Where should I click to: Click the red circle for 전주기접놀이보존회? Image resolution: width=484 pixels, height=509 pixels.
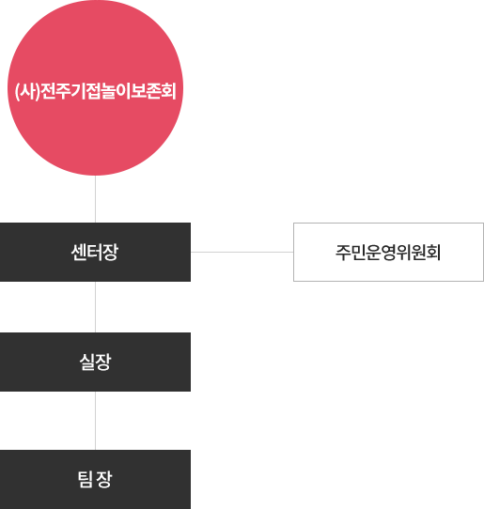pyautogui.click(x=95, y=87)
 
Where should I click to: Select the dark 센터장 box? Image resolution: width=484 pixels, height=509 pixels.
pyautogui.click(x=95, y=252)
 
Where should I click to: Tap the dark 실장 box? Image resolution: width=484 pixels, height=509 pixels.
pyautogui.click(x=95, y=362)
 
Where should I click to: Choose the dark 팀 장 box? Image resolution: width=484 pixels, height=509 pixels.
pyautogui.click(x=95, y=479)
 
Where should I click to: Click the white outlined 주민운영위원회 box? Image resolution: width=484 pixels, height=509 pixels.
pyautogui.click(x=388, y=252)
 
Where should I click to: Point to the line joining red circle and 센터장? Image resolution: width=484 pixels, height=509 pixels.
pyautogui.click(x=95, y=199)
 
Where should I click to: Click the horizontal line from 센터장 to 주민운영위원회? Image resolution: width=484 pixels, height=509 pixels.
pyautogui.click(x=242, y=252)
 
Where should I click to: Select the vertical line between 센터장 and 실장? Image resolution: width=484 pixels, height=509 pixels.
pyautogui.click(x=95, y=307)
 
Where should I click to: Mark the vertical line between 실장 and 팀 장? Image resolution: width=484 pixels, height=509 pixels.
pyautogui.click(x=95, y=421)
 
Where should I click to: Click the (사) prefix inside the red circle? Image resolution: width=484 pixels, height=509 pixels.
pyautogui.click(x=27, y=91)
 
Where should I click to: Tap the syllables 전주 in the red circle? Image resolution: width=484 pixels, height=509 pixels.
pyautogui.click(x=55, y=91)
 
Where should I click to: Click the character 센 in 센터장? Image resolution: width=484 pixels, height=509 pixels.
pyautogui.click(x=79, y=253)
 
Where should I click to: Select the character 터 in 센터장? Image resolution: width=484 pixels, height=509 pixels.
pyautogui.click(x=95, y=253)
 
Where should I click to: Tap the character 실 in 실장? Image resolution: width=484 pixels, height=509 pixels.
pyautogui.click(x=87, y=362)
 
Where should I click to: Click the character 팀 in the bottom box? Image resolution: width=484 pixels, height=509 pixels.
pyautogui.click(x=86, y=480)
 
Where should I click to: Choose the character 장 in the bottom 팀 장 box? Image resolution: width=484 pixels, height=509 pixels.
pyautogui.click(x=104, y=480)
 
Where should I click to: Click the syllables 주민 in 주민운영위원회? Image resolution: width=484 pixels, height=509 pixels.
pyautogui.click(x=351, y=253)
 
